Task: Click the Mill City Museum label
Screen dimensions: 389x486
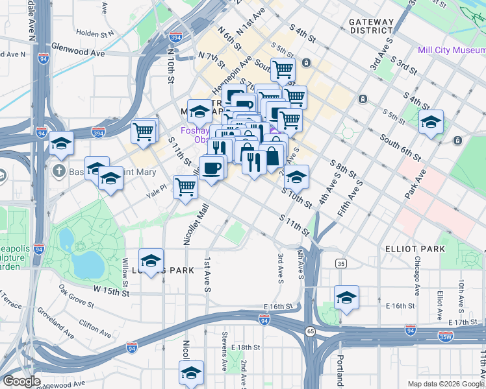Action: tap(452, 50)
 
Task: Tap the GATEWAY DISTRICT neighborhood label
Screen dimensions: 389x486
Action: tap(372, 26)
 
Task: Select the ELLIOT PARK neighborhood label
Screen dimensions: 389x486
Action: tap(424, 249)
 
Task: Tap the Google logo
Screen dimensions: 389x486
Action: tap(21, 381)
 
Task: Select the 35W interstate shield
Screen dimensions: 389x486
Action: tap(445, 336)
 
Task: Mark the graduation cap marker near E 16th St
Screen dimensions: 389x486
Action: tap(346, 298)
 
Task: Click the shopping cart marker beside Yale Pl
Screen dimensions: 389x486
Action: tap(186, 187)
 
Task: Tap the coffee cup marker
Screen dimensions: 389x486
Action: tap(212, 169)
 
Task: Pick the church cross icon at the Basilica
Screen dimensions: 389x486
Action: tap(59, 171)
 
